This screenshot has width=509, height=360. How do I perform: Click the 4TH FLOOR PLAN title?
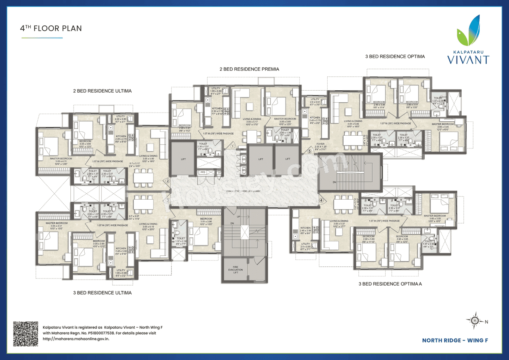[51, 29]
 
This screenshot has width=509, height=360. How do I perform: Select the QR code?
[26, 333]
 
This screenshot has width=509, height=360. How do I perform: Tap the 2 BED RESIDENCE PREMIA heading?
[249, 69]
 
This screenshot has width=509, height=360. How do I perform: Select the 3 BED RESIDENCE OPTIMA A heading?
[390, 284]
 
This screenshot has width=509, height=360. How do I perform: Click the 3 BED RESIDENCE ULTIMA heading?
[102, 293]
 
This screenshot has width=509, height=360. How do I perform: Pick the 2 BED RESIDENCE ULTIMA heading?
[102, 91]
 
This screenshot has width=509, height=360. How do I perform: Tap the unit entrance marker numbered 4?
[321, 200]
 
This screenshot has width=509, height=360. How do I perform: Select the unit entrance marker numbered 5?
[310, 151]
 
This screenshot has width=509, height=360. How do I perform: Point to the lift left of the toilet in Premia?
[183, 159]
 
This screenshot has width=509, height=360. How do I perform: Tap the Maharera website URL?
[76, 339]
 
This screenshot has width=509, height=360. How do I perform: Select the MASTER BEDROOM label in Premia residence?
[285, 119]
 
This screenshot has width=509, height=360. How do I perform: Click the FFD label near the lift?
[203, 172]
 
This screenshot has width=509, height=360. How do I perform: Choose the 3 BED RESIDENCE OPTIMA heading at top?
[395, 56]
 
